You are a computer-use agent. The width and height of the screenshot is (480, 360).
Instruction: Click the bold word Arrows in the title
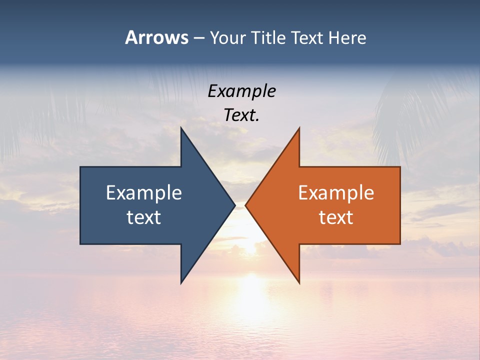(x=156, y=37)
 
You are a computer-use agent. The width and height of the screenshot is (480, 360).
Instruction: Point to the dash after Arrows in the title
(x=198, y=38)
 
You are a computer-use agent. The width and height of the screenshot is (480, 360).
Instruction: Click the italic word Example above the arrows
(x=241, y=91)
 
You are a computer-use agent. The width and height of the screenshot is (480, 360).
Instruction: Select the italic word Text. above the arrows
(x=241, y=115)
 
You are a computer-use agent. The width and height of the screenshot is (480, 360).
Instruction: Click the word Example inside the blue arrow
(x=144, y=193)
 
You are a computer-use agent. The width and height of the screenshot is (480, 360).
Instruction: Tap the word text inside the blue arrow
(x=144, y=217)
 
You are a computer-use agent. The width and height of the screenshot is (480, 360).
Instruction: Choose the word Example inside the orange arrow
(x=336, y=193)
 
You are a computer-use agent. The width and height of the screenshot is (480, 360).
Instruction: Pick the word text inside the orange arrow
(x=336, y=217)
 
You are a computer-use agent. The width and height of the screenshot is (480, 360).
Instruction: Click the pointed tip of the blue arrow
(x=234, y=205)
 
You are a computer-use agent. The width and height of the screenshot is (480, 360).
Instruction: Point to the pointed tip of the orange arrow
(x=246, y=205)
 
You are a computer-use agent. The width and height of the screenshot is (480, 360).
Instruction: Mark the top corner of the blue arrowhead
(x=181, y=128)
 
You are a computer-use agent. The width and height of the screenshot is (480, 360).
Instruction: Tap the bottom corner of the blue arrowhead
(x=181, y=283)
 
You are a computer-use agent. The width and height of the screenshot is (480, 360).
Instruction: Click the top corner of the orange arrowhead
(x=299, y=128)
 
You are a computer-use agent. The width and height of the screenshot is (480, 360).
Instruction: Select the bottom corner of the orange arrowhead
(x=299, y=283)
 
